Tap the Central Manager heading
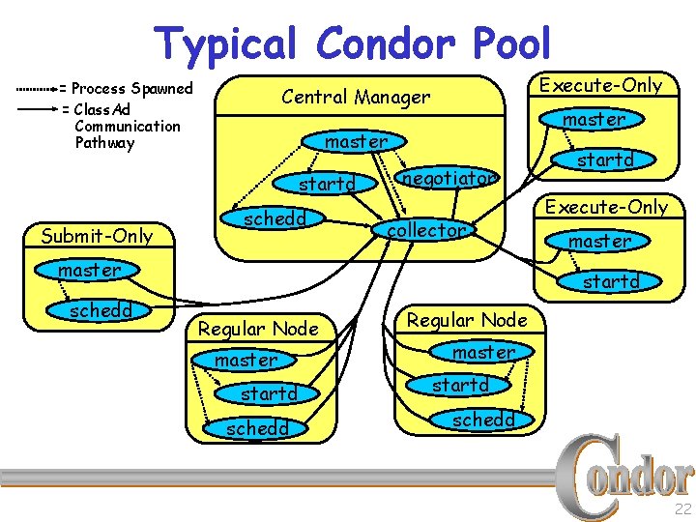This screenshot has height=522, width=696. (355, 97)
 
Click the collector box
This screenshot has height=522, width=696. (426, 230)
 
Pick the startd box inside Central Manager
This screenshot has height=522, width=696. (328, 183)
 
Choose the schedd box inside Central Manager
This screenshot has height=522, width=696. (275, 218)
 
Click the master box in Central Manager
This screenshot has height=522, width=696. (356, 141)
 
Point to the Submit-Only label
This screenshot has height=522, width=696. (97, 236)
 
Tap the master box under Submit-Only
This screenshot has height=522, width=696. (89, 270)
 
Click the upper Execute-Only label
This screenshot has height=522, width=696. (600, 85)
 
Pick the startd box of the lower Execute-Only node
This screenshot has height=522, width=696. (611, 281)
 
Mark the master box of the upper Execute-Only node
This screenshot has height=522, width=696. (594, 119)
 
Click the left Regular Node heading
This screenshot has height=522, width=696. (258, 329)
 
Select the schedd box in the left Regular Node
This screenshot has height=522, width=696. (258, 428)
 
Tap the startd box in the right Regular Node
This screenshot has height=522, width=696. (460, 385)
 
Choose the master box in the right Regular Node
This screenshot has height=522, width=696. (484, 353)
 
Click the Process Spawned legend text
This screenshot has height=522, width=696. (132, 89)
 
